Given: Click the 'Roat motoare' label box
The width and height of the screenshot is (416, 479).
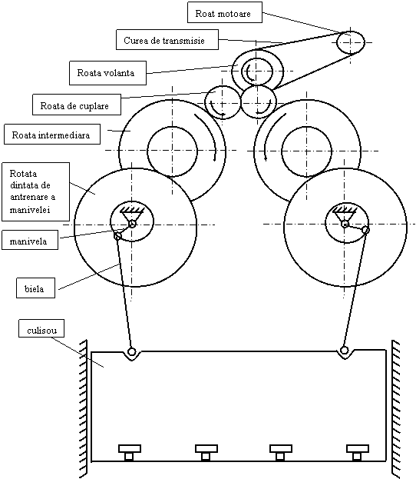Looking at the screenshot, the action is (x=225, y=12).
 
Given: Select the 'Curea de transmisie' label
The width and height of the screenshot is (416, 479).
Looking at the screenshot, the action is (x=167, y=39).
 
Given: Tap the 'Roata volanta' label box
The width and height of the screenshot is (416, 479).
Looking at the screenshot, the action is (x=107, y=73).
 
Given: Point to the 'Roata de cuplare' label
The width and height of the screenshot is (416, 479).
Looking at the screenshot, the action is (x=77, y=105).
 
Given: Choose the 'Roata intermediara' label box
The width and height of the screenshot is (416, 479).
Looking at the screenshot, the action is (x=52, y=134).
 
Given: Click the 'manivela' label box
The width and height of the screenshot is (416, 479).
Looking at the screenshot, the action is (x=30, y=240).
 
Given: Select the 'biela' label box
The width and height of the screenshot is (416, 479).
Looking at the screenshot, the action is (x=35, y=288).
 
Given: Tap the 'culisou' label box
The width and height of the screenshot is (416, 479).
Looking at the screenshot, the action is (x=41, y=328).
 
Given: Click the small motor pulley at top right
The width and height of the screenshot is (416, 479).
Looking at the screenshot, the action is (x=351, y=42).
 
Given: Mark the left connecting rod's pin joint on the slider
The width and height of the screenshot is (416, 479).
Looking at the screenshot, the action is (x=131, y=351).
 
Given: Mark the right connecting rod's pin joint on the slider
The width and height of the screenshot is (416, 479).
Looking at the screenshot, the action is (x=345, y=350).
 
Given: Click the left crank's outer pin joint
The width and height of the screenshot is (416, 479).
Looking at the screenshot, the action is (x=117, y=236).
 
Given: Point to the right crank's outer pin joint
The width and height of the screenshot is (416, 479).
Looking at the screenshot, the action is (x=365, y=229).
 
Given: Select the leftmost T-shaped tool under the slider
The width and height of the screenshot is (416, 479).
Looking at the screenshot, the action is (x=130, y=452).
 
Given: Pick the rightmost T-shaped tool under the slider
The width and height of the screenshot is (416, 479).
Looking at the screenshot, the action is (x=358, y=452).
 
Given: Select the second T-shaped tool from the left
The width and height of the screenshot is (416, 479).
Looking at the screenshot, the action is (x=206, y=452).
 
